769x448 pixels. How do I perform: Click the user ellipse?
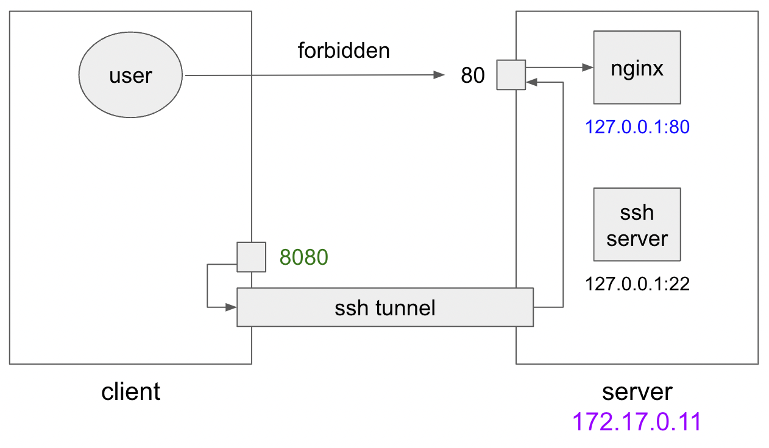click(x=130, y=75)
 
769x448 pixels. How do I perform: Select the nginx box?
click(x=637, y=68)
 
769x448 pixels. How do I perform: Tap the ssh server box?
click(x=637, y=224)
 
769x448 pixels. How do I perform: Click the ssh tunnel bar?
click(x=384, y=307)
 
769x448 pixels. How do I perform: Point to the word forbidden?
click(x=343, y=51)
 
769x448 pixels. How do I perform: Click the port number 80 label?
click(x=473, y=75)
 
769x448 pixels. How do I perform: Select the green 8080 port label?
click(x=304, y=257)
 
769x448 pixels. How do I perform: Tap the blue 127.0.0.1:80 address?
click(x=637, y=127)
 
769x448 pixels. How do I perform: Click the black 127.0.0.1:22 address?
click(x=637, y=284)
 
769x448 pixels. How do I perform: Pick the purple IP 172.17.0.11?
click(x=637, y=422)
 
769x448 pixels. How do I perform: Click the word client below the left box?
click(x=130, y=391)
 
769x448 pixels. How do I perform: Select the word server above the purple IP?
click(x=637, y=391)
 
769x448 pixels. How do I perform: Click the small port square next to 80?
click(x=511, y=75)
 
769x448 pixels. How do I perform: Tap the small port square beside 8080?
click(x=251, y=257)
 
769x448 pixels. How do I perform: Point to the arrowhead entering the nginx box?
click(x=589, y=67)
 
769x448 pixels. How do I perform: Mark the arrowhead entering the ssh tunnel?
click(x=232, y=307)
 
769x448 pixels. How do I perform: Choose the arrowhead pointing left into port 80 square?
click(x=530, y=81)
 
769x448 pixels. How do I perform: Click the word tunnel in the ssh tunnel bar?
click(x=405, y=307)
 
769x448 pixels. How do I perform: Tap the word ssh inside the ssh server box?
click(x=637, y=212)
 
